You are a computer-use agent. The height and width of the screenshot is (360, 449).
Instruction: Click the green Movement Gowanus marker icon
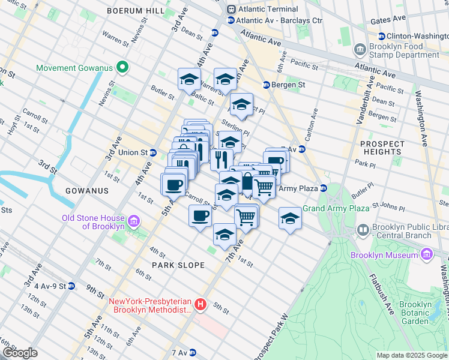click(122, 67)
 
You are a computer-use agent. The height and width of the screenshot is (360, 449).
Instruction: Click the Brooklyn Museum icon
click(426, 255)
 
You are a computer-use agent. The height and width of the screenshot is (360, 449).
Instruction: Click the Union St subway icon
click(153, 152)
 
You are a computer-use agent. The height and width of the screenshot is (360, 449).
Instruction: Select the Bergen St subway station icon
click(265, 85)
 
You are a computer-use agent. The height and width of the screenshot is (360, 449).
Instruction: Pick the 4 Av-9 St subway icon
click(71, 286)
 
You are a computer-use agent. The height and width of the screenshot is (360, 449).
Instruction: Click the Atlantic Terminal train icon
click(231, 9)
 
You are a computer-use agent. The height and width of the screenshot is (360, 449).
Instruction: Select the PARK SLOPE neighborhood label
click(178, 265)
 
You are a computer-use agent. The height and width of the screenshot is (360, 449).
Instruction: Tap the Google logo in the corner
click(19, 353)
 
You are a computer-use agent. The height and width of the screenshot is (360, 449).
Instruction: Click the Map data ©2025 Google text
click(411, 356)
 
